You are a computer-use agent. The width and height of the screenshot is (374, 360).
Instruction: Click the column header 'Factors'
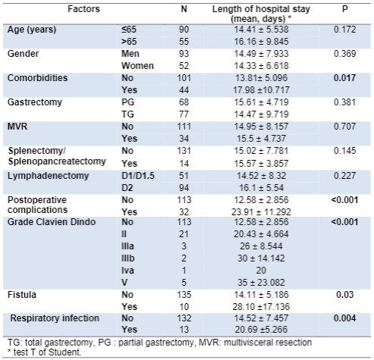(x=83, y=9)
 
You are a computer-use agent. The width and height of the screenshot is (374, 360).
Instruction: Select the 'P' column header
(x=344, y=9)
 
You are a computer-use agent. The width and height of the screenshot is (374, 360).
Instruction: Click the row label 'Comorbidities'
(x=37, y=78)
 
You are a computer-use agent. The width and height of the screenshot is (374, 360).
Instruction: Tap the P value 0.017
(x=344, y=78)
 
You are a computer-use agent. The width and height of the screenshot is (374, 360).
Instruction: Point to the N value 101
(x=184, y=78)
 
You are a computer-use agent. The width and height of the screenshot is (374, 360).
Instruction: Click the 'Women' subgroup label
(x=137, y=66)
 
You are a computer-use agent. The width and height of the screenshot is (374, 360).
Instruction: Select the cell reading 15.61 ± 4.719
(x=261, y=102)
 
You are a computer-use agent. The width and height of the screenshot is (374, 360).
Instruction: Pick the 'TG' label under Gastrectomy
(x=127, y=114)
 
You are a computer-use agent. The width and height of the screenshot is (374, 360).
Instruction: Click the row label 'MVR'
(x=17, y=127)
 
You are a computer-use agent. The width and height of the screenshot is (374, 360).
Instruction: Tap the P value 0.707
(x=344, y=127)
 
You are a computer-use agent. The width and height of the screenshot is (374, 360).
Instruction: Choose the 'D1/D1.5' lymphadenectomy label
(x=138, y=176)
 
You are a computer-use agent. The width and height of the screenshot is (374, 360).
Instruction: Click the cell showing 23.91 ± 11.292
(x=261, y=212)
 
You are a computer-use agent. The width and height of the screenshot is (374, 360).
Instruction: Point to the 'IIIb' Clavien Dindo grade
(x=127, y=258)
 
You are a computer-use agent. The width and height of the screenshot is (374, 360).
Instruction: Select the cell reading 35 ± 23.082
(x=261, y=283)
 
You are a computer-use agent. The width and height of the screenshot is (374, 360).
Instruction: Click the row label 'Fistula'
(x=22, y=295)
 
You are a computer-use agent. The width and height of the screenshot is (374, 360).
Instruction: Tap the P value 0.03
(x=344, y=295)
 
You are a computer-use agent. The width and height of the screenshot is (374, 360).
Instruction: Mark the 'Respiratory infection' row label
(x=55, y=318)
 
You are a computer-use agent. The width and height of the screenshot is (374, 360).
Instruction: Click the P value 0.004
(x=344, y=318)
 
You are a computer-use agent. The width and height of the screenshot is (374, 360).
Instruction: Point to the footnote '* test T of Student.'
(x=44, y=352)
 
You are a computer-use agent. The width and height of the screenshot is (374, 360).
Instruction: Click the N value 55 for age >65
(x=184, y=42)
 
